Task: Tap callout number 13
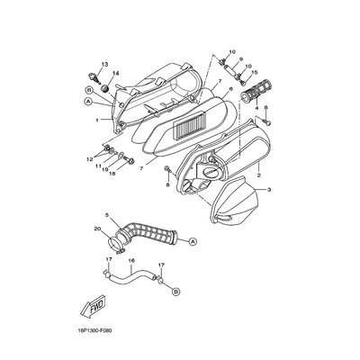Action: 104,65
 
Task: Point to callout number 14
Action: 115,74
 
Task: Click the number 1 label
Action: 97,121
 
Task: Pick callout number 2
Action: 258,175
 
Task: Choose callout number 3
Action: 269,190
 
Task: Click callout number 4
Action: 256,108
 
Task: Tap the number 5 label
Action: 107,215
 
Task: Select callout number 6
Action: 230,89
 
